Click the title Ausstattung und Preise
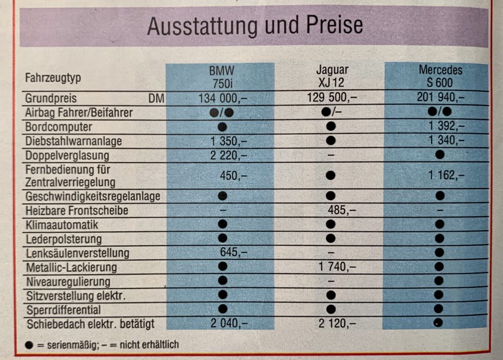pos(255,26)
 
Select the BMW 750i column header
pos(222,77)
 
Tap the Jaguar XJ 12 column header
pos(332,76)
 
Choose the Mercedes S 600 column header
pos(440,76)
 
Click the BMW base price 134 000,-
pos(223,98)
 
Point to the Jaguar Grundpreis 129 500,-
pos(332,97)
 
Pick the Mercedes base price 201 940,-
pos(441,97)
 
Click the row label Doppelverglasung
pos(67,156)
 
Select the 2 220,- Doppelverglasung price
pos(229,156)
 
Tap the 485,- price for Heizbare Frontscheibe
pos(342,210)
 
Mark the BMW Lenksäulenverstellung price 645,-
pos(233,252)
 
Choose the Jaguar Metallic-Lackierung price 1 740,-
pos(337,267)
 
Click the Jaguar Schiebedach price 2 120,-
pos(337,324)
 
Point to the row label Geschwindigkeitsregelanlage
pos(93,196)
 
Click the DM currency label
pos(156,99)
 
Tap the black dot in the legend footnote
pos(29,345)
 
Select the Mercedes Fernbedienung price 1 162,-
pos(446,175)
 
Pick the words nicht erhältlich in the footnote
pos(149,345)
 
